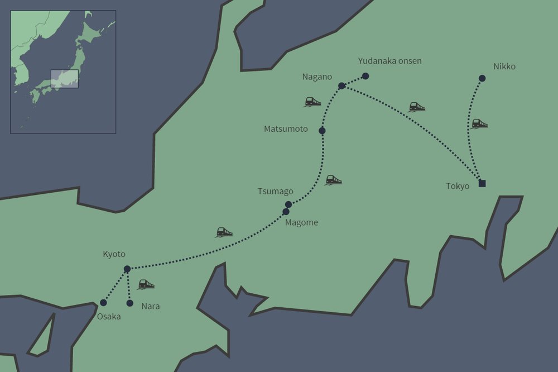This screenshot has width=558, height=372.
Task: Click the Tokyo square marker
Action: pos(482,184)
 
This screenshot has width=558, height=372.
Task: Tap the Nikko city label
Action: pos(504,67)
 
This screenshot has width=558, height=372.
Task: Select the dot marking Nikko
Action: pos(482,78)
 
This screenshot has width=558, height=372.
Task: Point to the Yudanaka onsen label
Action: pos(389,61)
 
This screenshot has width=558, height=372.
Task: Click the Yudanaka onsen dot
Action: pos(365,76)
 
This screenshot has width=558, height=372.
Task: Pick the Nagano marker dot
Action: pos(341,85)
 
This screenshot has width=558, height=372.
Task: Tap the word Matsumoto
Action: pos(286,129)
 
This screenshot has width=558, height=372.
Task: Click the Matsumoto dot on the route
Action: pos(322,131)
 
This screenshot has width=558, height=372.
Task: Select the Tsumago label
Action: pos(275,192)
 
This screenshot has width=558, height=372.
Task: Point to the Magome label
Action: pos(301,222)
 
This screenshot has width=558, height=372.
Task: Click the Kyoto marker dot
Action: pos(127,269)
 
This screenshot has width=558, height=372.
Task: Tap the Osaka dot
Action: pos(103,303)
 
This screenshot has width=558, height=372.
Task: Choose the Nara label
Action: pos(151,306)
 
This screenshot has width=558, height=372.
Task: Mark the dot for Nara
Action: pos(130,303)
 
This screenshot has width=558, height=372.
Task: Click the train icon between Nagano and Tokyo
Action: pos(417,107)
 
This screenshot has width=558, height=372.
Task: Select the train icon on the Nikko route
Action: pos(479,123)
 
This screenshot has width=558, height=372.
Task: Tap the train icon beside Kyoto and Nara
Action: pos(146,284)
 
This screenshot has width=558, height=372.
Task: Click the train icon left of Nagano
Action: pos(312,102)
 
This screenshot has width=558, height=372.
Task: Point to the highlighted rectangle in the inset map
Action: pos(64,79)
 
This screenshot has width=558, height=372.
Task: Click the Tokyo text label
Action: pos(458,186)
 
